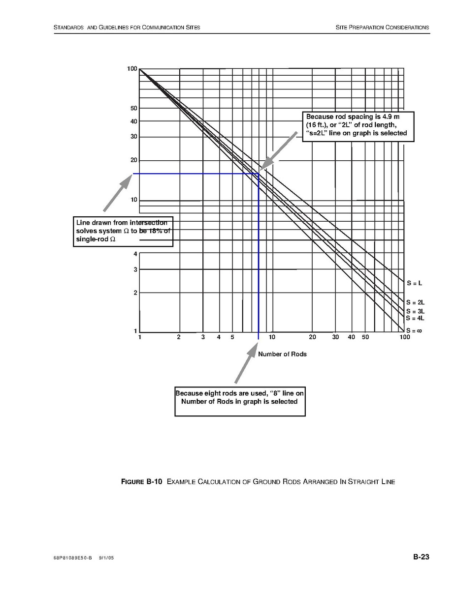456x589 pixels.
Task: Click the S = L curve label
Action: (414, 283)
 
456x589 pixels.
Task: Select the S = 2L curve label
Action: (415, 302)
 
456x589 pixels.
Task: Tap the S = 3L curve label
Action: (415, 311)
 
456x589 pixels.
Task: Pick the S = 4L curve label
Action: (415, 318)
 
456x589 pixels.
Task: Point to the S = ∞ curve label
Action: (414, 331)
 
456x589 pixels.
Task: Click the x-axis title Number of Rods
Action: (282, 354)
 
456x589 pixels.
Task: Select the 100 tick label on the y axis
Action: (131, 69)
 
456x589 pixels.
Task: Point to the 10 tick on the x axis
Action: (272, 337)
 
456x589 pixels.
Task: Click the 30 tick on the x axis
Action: (335, 337)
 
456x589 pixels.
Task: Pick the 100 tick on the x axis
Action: (404, 337)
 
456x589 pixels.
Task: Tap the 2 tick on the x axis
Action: (179, 337)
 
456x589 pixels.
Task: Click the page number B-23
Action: (421, 557)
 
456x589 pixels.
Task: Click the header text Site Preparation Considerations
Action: (382, 27)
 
